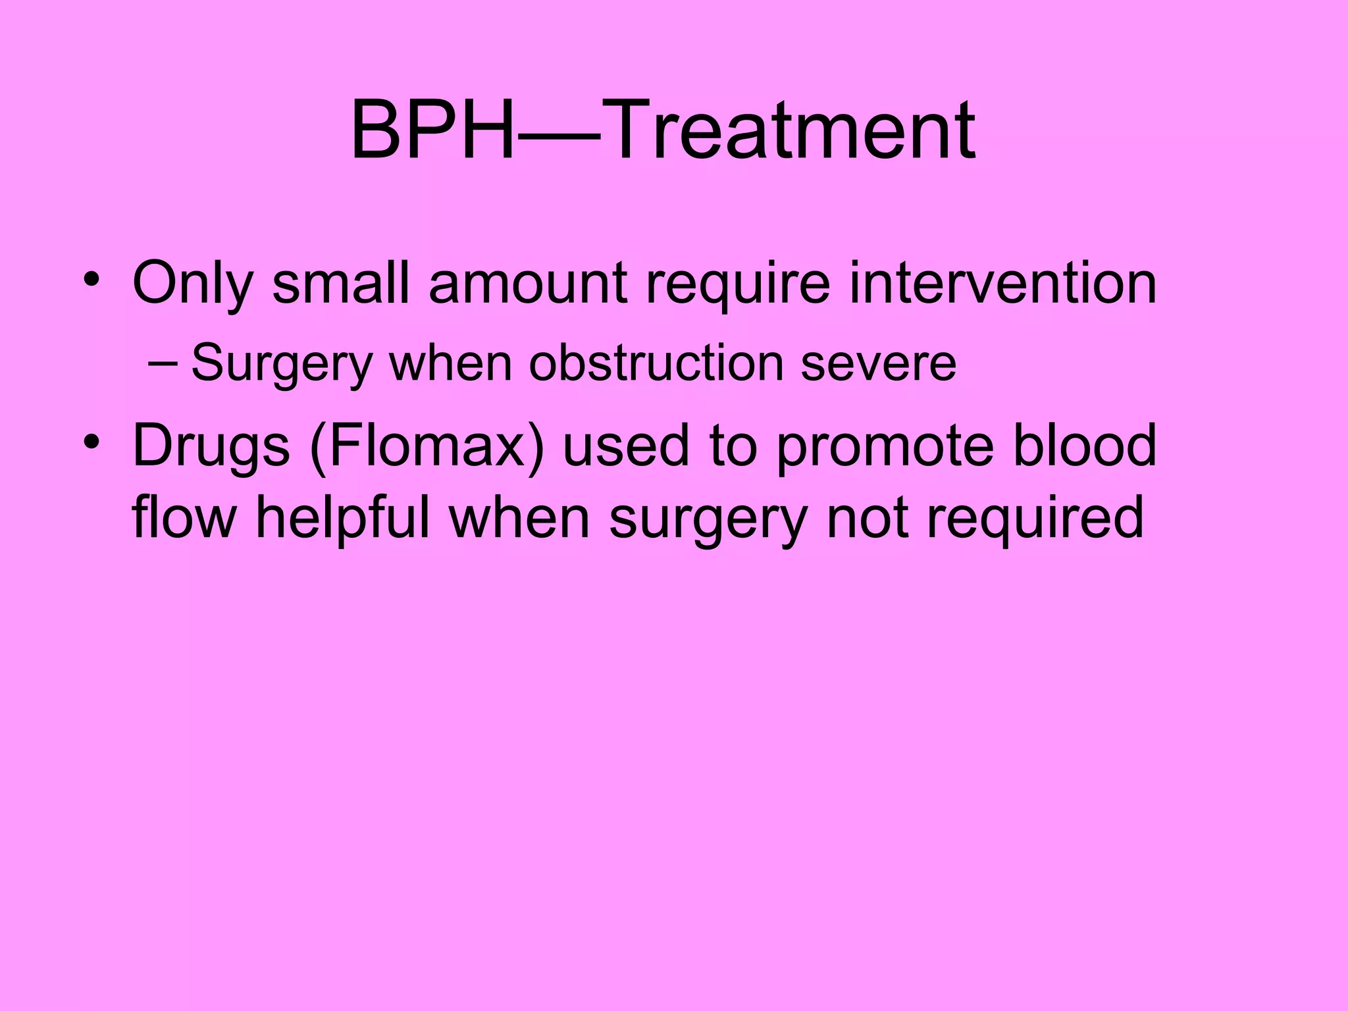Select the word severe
tap(878, 364)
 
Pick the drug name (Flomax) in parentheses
tap(427, 446)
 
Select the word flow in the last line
tap(184, 517)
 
